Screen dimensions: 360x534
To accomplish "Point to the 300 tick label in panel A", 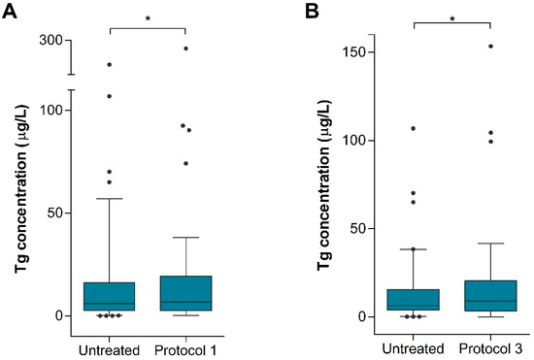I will point(50,40).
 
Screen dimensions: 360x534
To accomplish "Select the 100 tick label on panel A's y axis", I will point(50,110).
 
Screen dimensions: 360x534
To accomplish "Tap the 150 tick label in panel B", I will point(364,51).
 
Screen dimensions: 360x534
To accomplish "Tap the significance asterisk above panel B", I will point(452,16).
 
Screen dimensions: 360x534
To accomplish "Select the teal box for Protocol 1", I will point(185,293).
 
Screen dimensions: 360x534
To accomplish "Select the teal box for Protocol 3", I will point(490,295).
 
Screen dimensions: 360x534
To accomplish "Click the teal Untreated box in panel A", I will point(109,296).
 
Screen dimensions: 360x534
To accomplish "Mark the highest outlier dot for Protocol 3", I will point(490,47).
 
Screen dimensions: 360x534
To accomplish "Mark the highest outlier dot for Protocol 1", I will point(185,48).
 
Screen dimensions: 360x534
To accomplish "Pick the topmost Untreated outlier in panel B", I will point(414,128).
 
